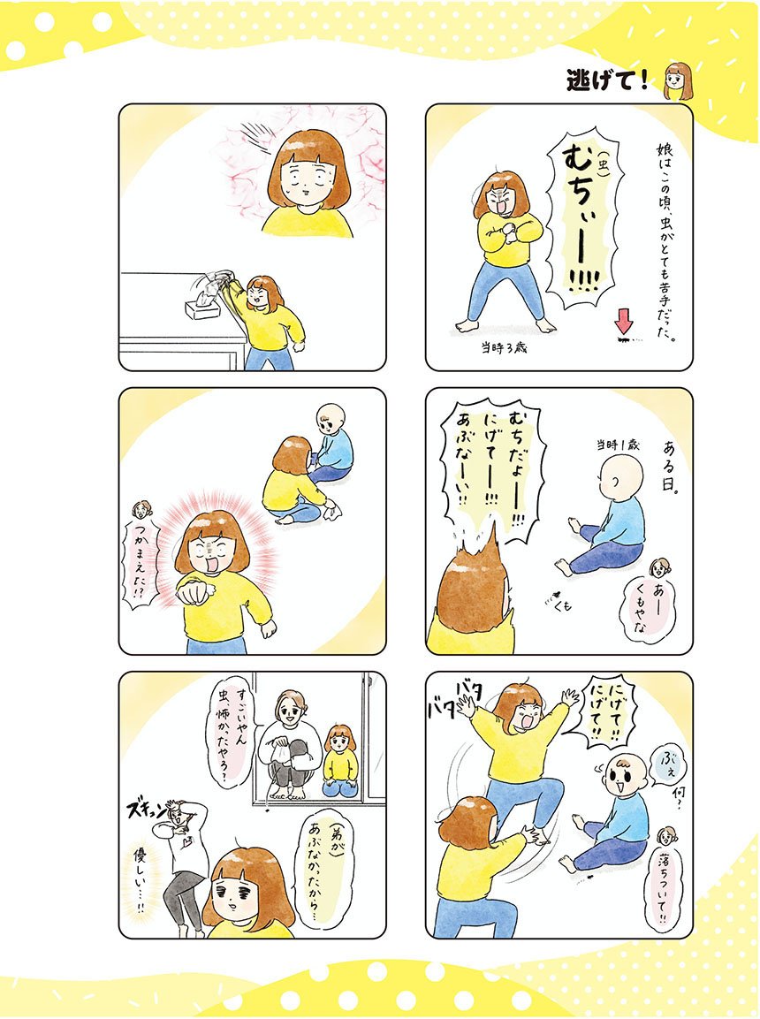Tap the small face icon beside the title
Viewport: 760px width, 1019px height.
coord(678,81)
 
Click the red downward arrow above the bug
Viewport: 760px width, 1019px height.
coord(623,321)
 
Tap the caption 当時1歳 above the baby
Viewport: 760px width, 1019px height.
coord(618,445)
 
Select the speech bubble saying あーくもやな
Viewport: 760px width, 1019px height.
coord(640,610)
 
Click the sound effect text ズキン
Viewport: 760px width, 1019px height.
coord(150,810)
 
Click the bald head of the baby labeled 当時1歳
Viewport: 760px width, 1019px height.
coord(621,477)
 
